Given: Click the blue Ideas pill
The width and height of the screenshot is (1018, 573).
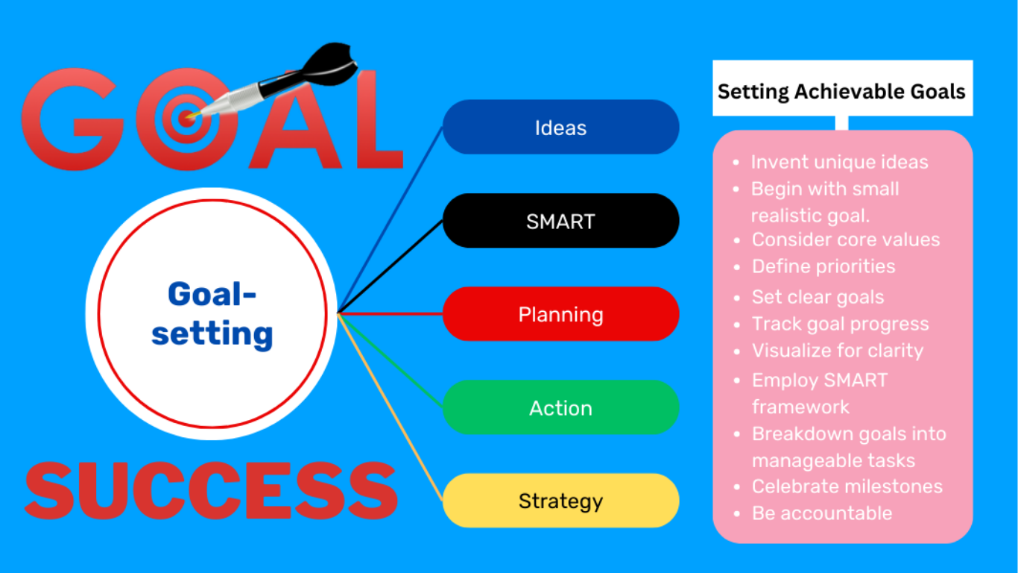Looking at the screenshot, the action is point(561,127).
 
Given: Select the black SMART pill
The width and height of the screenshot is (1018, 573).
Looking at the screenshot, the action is point(561,221).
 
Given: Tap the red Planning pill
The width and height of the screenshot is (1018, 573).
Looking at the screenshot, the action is point(561,314).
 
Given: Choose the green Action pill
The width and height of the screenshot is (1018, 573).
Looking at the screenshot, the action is point(561,407).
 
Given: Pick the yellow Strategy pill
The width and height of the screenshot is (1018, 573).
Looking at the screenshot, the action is point(561,501).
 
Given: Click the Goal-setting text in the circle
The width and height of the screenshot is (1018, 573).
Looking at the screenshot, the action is point(212,314).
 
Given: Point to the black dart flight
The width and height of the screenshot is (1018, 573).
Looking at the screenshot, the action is point(330,63).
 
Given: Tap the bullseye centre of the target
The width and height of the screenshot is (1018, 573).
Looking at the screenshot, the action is point(186,119).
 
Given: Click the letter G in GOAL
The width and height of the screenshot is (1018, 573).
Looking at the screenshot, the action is point(73,119).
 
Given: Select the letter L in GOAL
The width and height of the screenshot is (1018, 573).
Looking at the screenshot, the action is point(379,119).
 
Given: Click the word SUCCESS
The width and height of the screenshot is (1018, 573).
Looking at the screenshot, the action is point(212,490).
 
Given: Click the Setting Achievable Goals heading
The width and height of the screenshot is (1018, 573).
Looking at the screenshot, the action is point(841,92).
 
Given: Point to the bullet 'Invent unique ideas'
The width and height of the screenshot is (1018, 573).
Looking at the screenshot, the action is point(839,162).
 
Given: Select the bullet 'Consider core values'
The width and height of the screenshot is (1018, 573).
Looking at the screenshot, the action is point(845,239).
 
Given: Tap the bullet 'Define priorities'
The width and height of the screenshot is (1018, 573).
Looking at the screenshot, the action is point(823,266).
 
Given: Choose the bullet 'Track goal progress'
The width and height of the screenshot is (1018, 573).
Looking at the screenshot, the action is point(841,324).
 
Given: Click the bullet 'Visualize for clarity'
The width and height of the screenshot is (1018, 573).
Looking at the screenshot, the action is point(838,351).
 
